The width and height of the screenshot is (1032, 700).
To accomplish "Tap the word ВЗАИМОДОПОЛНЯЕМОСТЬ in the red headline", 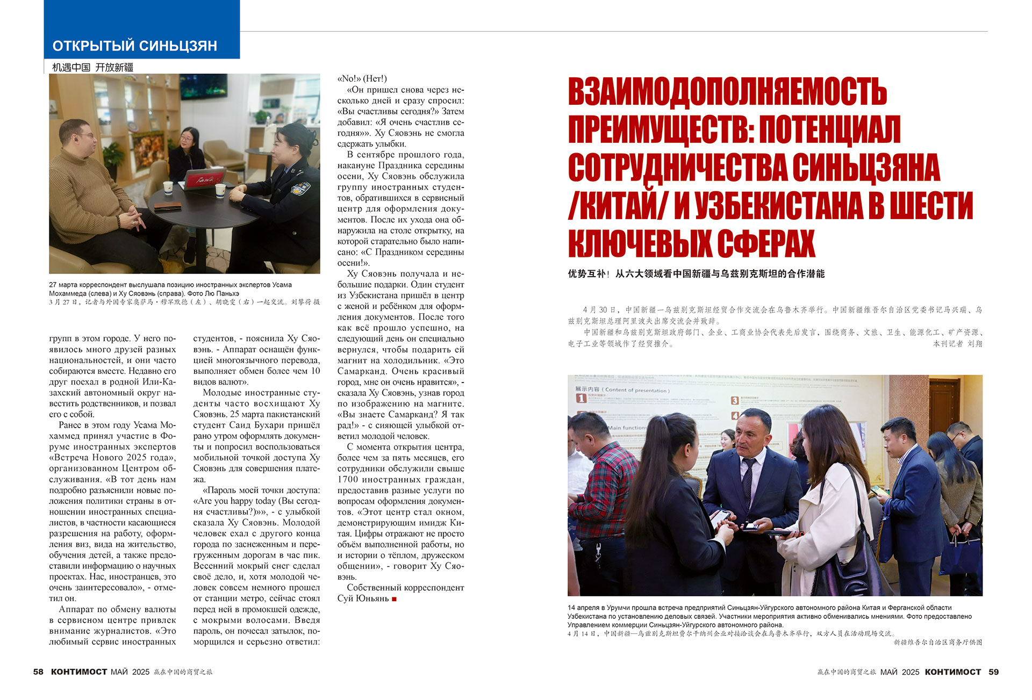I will click(x=727, y=92).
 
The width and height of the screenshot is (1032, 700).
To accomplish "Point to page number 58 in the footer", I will click(x=38, y=672).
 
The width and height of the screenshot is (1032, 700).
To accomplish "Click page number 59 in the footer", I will click(x=993, y=672).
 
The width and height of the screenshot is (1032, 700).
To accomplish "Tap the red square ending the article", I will click(x=395, y=599).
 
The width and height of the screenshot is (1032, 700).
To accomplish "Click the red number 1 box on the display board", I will click(x=581, y=398).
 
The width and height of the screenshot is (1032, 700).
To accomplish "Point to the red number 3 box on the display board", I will click(x=734, y=400).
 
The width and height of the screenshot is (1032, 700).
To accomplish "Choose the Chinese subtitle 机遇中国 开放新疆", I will click(x=92, y=67).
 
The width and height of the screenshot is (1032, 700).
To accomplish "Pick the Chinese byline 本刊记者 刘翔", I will click(x=957, y=343).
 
